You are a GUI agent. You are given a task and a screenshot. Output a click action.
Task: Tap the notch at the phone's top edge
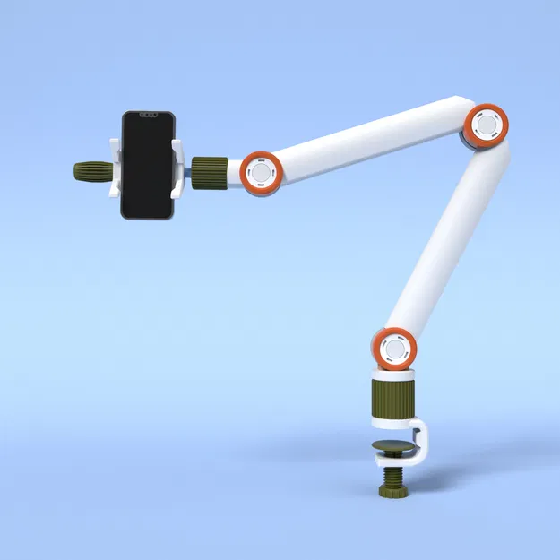point(148,114)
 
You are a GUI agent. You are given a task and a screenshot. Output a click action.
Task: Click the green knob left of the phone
point(92,171)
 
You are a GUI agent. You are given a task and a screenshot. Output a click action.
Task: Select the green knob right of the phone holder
point(209,171)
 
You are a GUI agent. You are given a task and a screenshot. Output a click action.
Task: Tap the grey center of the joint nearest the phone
point(262,171)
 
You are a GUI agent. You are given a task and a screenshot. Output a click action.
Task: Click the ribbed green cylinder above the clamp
point(393,400)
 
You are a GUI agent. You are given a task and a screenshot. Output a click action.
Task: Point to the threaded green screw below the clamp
point(393,475)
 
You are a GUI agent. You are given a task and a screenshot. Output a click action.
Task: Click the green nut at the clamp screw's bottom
point(393,492)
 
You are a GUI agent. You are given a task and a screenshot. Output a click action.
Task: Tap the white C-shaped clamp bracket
point(425,444)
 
